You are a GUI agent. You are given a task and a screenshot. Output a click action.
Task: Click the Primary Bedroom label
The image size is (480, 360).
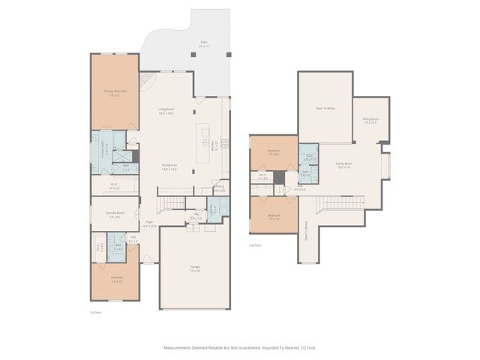115,93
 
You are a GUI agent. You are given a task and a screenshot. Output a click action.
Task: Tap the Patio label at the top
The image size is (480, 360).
203,43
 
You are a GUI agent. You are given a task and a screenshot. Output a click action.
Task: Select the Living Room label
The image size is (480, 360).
166,111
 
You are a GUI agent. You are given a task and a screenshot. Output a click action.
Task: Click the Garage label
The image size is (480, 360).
194,268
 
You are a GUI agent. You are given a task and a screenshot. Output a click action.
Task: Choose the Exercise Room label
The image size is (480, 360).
115,215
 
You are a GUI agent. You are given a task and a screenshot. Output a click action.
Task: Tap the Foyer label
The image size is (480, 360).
149,223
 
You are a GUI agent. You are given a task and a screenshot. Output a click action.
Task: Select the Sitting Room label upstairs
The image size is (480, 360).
370,120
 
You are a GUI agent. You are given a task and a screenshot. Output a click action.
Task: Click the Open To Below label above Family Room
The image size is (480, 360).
325,109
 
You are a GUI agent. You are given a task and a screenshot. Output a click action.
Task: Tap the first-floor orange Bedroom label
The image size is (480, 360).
116,279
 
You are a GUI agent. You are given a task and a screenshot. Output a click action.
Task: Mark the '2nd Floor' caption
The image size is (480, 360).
256,245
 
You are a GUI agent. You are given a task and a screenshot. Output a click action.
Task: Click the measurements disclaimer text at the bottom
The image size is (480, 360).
239,347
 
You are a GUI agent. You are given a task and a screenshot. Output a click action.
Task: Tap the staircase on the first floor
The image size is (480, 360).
173,203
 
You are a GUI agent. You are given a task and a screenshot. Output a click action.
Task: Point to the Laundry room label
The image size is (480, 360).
213,208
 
